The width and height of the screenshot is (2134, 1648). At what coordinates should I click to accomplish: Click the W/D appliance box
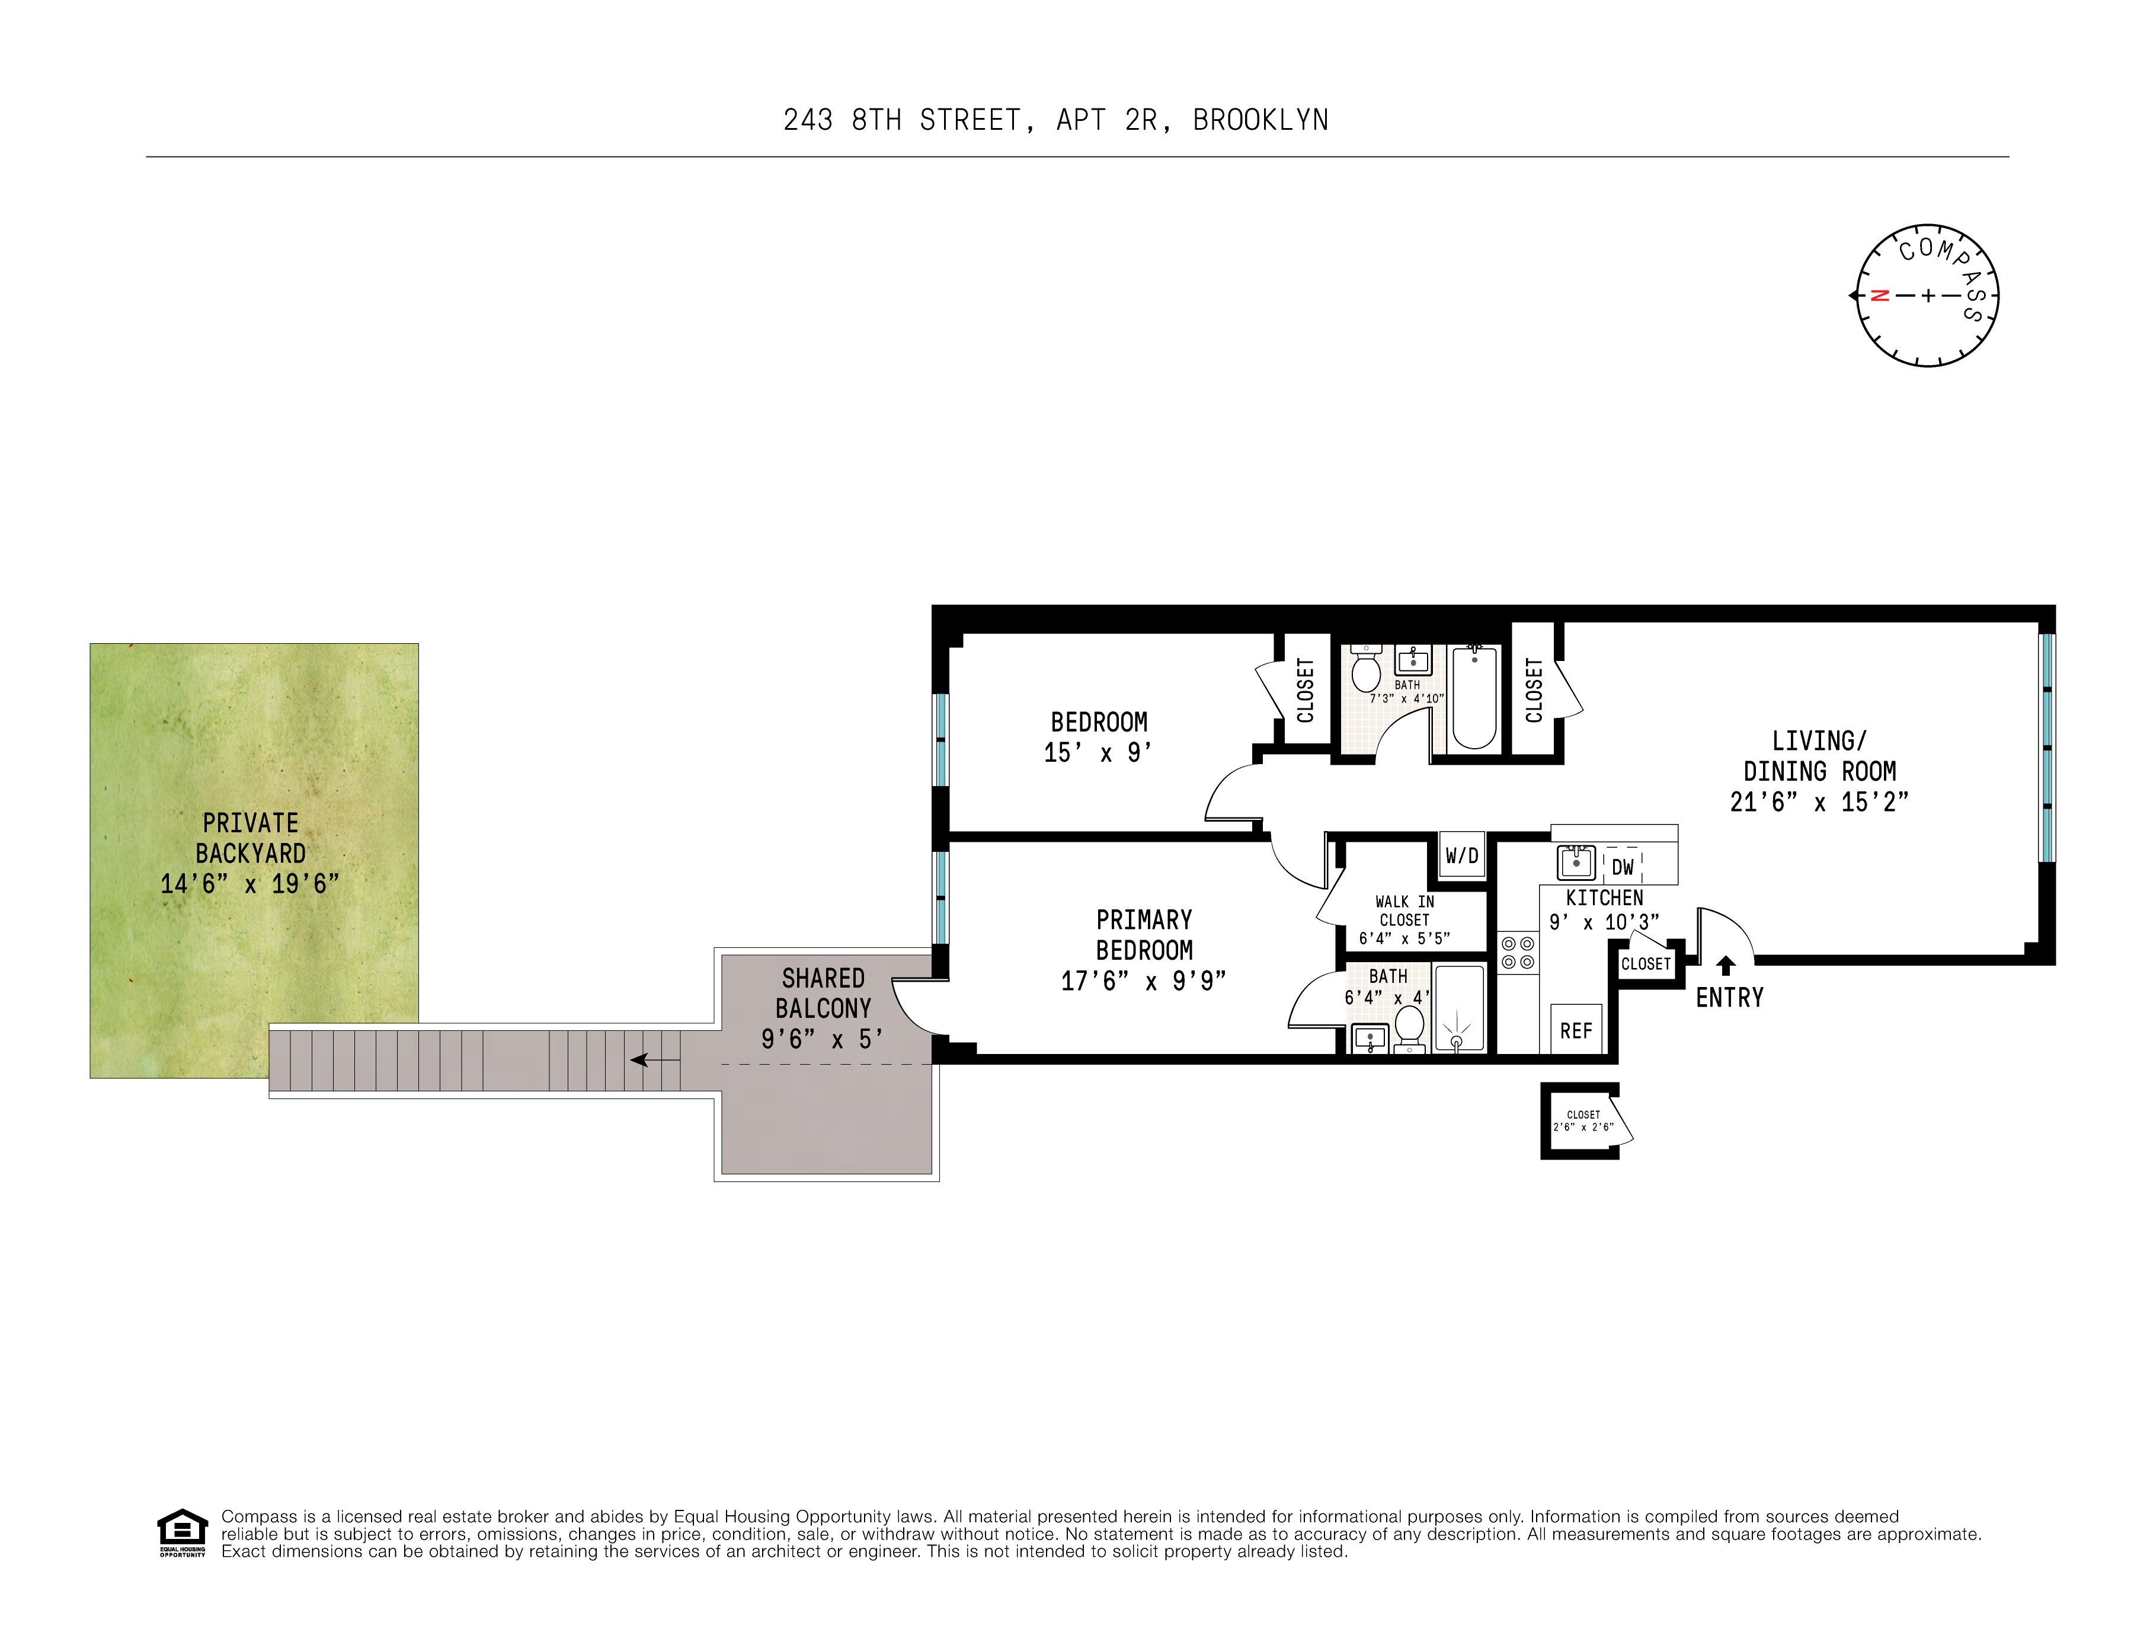pyautogui.click(x=1462, y=856)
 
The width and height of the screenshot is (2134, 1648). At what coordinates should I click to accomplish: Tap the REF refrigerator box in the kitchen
pyautogui.click(x=1575, y=1030)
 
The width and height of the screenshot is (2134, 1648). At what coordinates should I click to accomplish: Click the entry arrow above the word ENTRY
pyautogui.click(x=1726, y=966)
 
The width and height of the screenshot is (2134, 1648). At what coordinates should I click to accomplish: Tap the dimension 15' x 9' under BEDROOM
pyautogui.click(x=1098, y=753)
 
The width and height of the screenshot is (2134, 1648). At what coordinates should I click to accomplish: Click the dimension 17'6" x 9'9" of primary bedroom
pyautogui.click(x=1143, y=981)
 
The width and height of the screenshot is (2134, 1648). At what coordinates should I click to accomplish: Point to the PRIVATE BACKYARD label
pyautogui.click(x=250, y=838)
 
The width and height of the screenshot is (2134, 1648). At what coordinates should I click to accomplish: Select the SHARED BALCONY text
pyautogui.click(x=823, y=993)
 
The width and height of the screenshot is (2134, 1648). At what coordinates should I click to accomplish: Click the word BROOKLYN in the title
pyautogui.click(x=1260, y=120)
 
